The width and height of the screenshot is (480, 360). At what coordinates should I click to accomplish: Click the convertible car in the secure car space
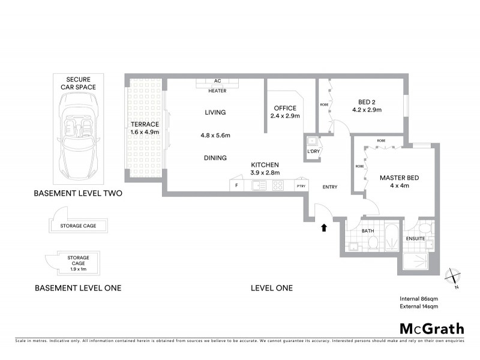[77, 135]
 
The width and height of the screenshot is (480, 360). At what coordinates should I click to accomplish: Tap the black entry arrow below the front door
[325, 227]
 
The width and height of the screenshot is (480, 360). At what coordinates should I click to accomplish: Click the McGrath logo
[432, 328]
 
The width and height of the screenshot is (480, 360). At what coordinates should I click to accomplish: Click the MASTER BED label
[399, 178]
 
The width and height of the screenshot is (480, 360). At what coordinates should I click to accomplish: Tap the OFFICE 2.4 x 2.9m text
[284, 112]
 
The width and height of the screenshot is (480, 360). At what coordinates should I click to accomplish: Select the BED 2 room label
[367, 106]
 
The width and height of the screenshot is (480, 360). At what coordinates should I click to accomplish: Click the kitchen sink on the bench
[259, 186]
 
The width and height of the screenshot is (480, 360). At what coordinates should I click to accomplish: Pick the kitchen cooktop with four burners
[278, 186]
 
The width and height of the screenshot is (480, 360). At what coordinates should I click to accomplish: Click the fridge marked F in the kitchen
[236, 186]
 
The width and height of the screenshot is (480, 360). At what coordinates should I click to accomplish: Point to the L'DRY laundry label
[313, 151]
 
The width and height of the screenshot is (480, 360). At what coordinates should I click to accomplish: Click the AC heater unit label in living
[217, 85]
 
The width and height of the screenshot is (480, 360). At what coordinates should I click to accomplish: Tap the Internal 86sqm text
[419, 298]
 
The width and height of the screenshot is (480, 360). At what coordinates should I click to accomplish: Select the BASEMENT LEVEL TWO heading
[78, 193]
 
